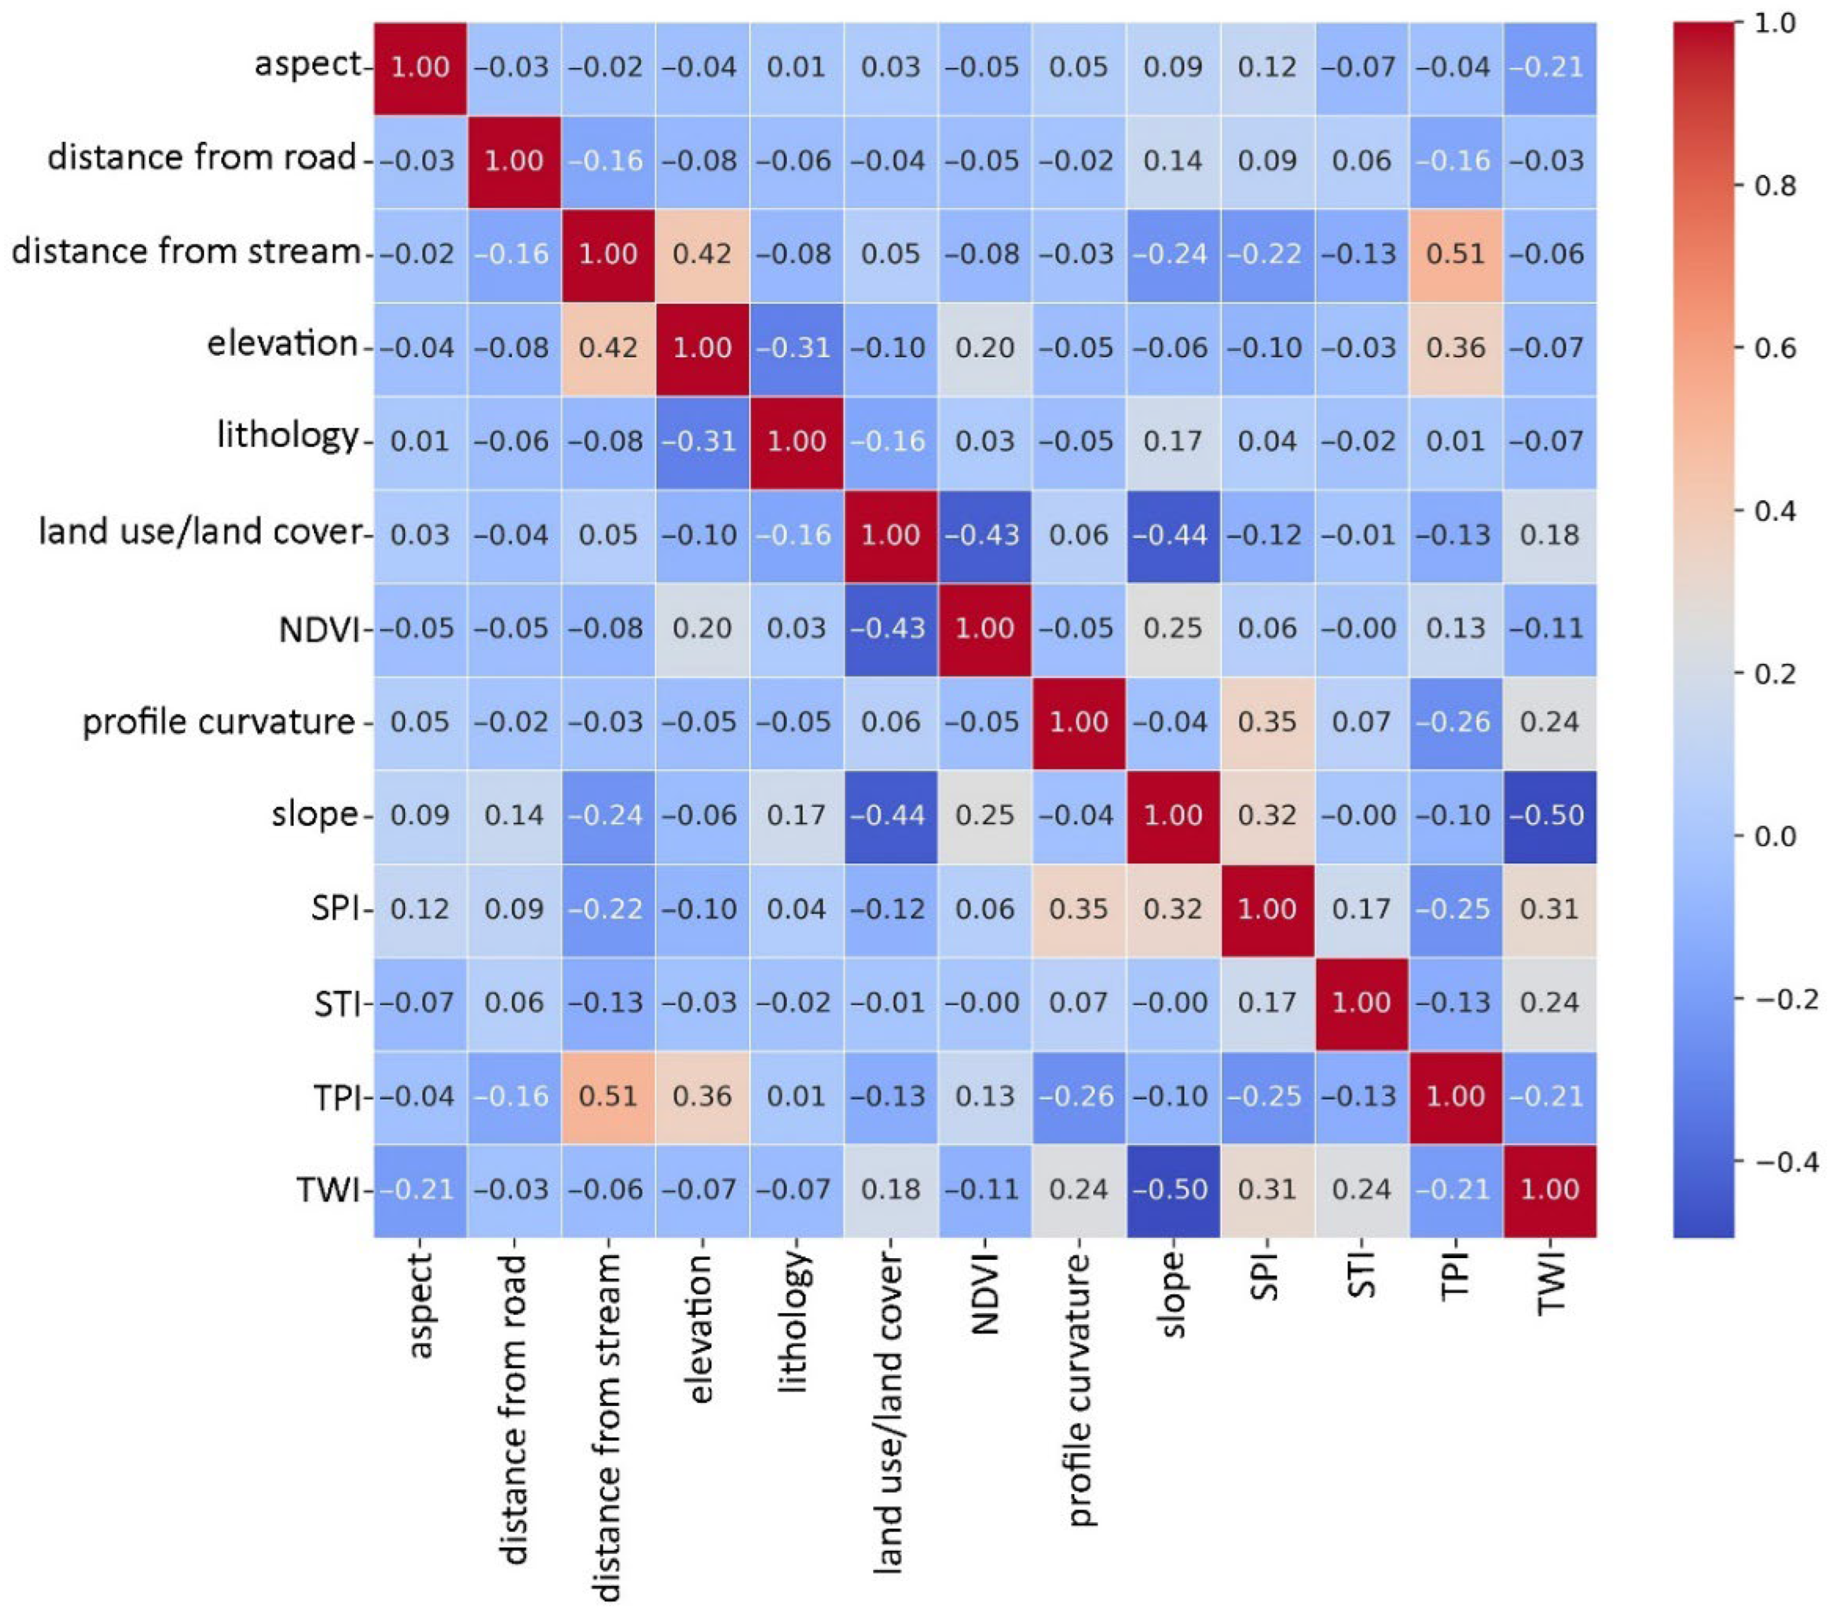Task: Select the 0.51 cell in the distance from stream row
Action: point(1456,254)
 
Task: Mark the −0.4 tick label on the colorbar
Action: point(1786,1162)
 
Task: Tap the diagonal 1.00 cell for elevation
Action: point(702,348)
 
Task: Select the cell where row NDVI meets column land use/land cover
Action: point(890,628)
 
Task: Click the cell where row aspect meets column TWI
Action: point(1550,68)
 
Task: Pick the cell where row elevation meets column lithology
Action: point(796,348)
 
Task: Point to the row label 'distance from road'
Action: point(202,158)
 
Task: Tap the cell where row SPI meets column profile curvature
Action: point(1078,909)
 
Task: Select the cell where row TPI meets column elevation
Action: point(702,1097)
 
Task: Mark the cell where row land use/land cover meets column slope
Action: point(1172,535)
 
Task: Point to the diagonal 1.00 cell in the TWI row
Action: point(1550,1190)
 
